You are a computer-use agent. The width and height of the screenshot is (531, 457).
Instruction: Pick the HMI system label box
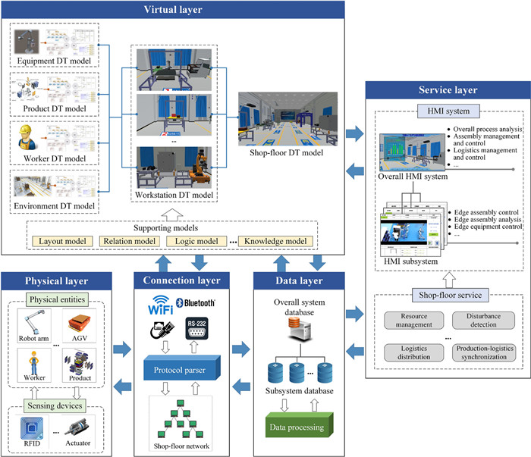pos(445,112)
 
